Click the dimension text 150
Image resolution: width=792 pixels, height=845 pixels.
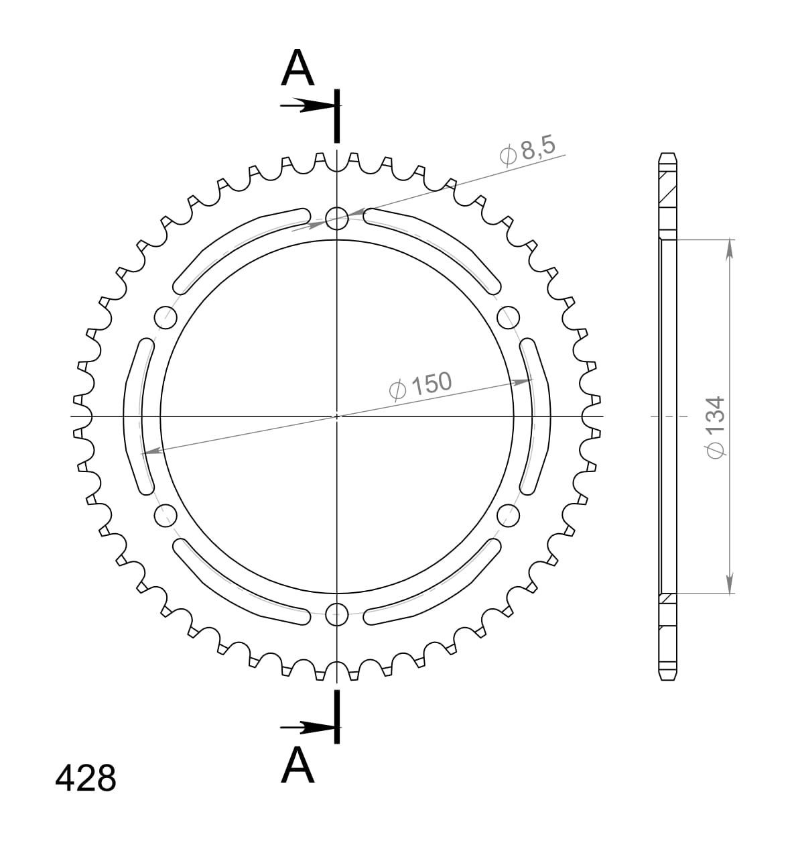(431, 384)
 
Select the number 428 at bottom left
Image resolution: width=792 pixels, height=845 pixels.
(85, 779)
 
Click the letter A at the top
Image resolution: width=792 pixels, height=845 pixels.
(298, 70)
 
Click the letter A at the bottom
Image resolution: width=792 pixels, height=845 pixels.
(298, 766)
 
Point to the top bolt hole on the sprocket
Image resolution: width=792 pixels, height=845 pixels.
(337, 217)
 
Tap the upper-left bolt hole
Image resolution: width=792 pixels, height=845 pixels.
(165, 317)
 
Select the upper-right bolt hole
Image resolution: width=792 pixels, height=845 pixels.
(509, 317)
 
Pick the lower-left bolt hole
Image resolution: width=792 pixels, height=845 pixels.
(165, 515)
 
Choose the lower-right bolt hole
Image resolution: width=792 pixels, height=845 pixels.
(509, 515)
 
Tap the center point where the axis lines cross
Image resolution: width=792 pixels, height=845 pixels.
(337, 416)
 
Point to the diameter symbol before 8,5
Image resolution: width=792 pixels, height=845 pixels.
(508, 156)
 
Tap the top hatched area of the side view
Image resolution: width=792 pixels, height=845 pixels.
(667, 191)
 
